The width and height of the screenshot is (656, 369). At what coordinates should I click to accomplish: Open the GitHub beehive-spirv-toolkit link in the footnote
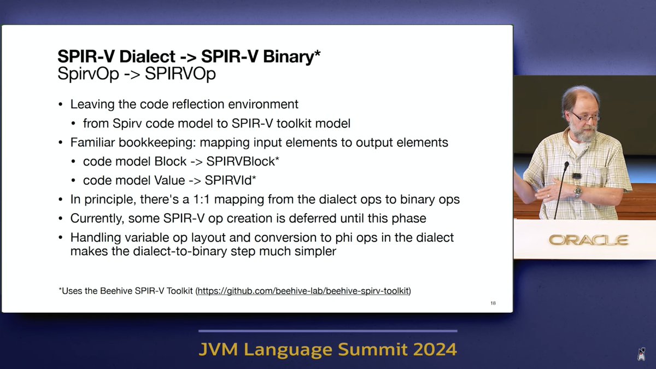coord(303,291)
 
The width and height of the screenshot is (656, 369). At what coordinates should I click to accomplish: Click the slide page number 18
coord(493,303)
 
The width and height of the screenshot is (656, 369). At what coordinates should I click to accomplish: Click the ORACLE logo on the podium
coord(588,240)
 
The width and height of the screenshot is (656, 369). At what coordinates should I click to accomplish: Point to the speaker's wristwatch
coord(578,192)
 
